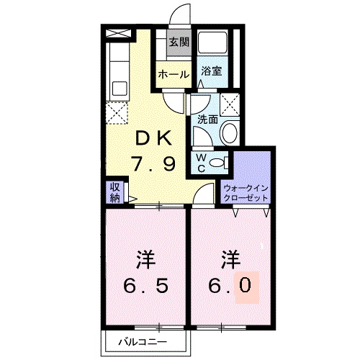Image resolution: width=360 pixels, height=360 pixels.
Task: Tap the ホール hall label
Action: pos(174,74)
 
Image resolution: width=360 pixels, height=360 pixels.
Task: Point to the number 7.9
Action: pos(152,165)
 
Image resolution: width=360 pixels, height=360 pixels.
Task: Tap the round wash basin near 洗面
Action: pos(230,132)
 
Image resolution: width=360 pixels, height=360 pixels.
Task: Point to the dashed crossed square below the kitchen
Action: pos(115,112)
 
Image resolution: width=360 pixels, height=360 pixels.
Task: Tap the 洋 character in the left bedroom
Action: pos(146,258)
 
